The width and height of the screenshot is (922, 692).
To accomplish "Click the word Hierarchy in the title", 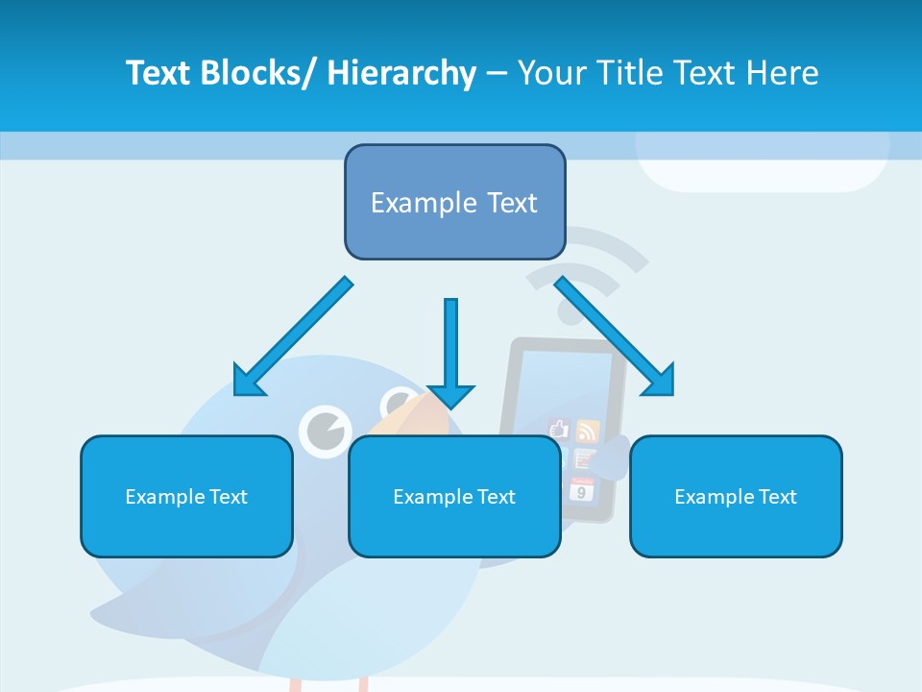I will coord(401,73).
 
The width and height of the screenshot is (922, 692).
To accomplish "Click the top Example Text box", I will coord(454,202).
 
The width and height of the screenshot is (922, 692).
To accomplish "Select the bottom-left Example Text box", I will coord(186,496).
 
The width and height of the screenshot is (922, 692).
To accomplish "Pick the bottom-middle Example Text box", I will coord(454,496).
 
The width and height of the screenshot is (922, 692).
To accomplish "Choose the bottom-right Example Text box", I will coord(736,496).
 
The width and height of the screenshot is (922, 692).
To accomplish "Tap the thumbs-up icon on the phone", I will coord(559,429).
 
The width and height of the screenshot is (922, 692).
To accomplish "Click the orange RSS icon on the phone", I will coord(587,430).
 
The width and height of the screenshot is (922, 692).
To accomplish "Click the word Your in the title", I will coord(550,73).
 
